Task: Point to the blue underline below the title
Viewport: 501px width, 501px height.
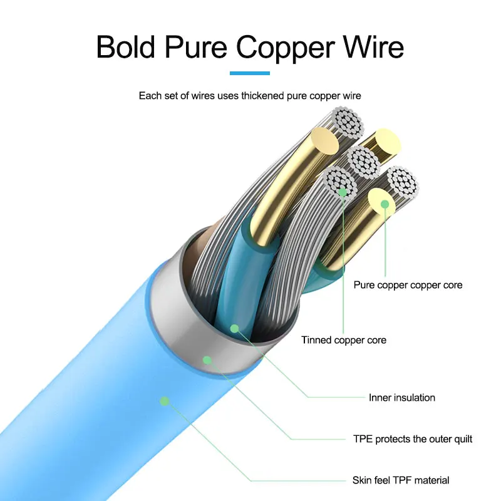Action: pos(250,73)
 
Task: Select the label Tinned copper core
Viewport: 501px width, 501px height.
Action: pos(344,340)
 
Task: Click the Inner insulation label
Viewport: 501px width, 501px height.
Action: pos(401,397)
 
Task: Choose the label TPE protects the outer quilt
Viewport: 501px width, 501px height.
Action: pos(413,438)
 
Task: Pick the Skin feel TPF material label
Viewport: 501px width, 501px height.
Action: pos(401,480)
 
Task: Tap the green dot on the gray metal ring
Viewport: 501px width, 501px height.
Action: pos(207,359)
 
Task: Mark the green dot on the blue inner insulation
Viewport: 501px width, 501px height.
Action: pos(235,328)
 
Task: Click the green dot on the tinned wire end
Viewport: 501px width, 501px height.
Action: pos(343,192)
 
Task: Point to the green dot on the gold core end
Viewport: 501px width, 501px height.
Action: pos(385,204)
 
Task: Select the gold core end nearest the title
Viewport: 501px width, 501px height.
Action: pos(325,140)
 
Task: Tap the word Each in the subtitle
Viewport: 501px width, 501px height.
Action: pos(150,96)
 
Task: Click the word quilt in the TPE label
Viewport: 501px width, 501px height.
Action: pos(460,438)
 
